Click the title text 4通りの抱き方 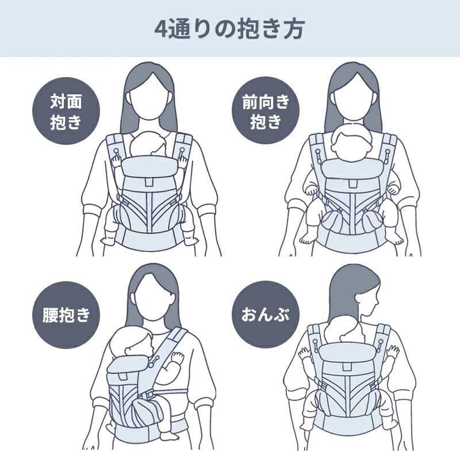pyautogui.click(x=230, y=29)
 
